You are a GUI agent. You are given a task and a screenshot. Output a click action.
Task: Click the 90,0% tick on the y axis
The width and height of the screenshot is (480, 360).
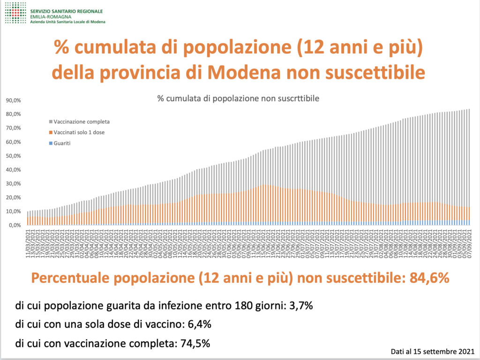point(13,100)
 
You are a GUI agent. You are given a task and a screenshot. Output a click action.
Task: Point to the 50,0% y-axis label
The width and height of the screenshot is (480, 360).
point(13,156)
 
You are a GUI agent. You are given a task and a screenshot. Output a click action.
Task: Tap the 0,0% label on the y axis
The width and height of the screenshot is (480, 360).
point(14,225)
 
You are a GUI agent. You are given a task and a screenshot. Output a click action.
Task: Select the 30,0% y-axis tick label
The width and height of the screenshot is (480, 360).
point(13,184)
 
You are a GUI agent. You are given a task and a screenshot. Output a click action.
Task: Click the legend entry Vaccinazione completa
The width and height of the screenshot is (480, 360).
point(82,122)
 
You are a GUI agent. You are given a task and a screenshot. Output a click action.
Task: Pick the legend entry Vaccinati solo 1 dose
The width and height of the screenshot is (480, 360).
point(79,133)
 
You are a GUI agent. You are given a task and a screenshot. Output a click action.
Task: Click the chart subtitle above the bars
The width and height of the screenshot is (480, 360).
point(238,99)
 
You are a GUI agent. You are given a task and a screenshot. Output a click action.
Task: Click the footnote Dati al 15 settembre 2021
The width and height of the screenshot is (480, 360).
point(432,351)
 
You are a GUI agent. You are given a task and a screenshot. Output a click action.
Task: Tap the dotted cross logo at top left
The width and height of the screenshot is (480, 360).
point(15,13)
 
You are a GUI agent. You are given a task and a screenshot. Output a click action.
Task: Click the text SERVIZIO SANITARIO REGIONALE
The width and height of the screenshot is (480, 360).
point(66,11)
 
